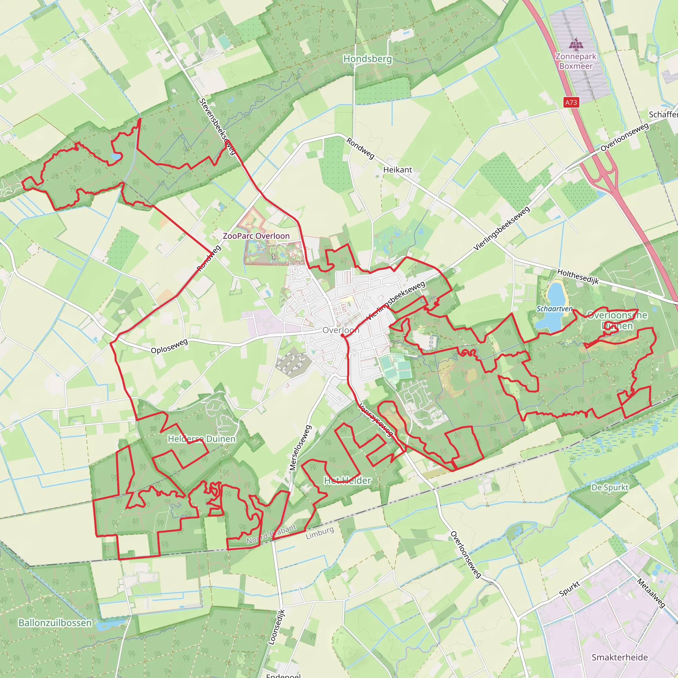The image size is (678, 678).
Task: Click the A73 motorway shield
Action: (x=571, y=103)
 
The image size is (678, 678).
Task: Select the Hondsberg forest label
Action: (x=367, y=59)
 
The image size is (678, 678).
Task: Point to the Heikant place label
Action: (x=397, y=170)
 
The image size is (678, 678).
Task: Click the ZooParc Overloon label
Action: (x=256, y=236)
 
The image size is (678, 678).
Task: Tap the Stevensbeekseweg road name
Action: (x=217, y=126)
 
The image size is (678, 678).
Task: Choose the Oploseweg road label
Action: (x=169, y=346)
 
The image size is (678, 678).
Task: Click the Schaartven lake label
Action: (x=554, y=309)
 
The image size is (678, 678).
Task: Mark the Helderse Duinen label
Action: (x=201, y=439)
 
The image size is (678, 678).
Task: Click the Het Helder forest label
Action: (x=347, y=480)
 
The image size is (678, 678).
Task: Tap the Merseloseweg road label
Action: (x=300, y=448)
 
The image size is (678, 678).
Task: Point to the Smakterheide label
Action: (x=619, y=657)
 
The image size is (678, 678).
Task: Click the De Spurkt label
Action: (x=610, y=487)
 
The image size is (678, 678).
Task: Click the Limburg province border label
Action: (x=320, y=533)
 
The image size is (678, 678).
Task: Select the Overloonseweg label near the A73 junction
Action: (x=624, y=137)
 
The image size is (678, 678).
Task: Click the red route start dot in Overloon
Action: (x=342, y=335)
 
